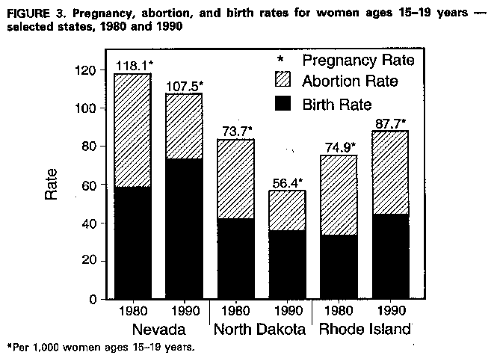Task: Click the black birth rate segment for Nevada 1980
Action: pyautogui.click(x=132, y=243)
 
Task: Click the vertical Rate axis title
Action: pyautogui.click(x=52, y=184)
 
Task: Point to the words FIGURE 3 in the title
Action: pyautogui.click(x=34, y=13)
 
